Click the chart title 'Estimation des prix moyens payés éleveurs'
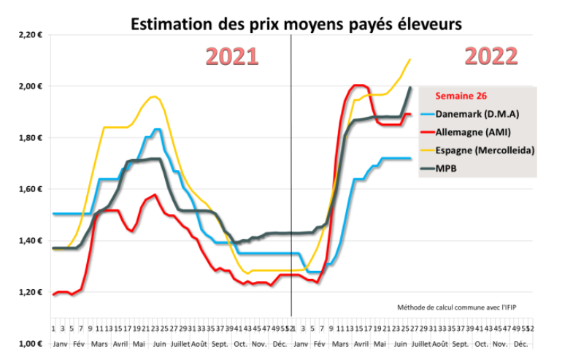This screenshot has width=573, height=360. click(296, 24)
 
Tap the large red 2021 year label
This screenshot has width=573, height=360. click(231, 57)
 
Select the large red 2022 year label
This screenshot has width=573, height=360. click(491, 56)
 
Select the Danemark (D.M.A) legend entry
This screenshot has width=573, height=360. click(480, 114)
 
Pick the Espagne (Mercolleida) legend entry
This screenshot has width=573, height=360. click(485, 150)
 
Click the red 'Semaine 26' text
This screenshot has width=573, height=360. click(461, 96)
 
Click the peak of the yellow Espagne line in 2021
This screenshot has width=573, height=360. click(153, 96)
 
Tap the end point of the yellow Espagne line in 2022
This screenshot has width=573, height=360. click(410, 60)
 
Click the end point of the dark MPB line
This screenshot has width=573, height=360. click(409, 88)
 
